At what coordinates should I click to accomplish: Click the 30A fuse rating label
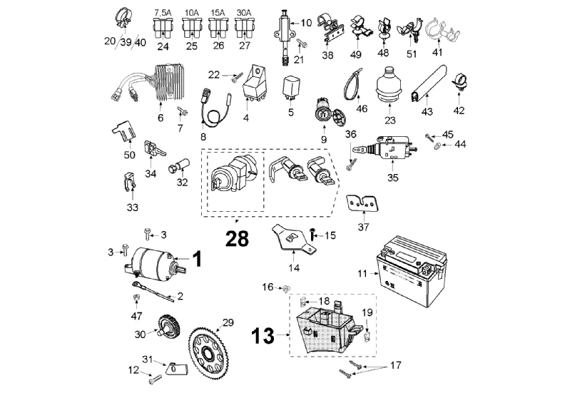tap(244, 12)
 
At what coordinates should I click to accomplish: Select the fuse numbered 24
tap(163, 29)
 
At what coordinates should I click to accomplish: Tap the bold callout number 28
tap(237, 239)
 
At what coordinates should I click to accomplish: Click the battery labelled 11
tap(412, 271)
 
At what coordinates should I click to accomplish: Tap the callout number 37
tap(363, 228)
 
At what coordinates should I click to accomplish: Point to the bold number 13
tap(263, 336)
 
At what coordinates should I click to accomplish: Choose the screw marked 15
tap(312, 233)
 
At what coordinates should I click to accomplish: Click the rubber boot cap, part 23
tap(389, 85)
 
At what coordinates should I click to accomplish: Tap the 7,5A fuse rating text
tap(163, 13)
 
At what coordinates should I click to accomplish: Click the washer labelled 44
tap(437, 146)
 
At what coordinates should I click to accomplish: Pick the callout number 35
tap(393, 178)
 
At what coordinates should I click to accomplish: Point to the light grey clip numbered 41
tap(443, 30)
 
